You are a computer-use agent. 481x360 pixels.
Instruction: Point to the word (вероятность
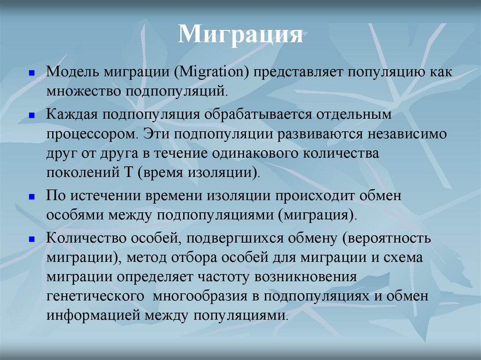point(386,238)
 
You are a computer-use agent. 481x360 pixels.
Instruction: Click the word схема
point(404,259)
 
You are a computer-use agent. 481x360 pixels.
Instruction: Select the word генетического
point(94,297)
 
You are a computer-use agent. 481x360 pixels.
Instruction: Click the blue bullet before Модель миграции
point(31,74)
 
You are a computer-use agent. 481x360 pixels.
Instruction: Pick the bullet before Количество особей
point(31,238)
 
